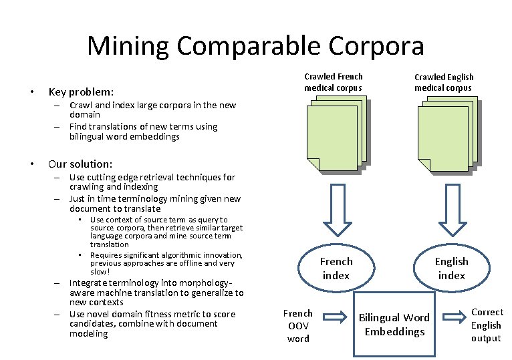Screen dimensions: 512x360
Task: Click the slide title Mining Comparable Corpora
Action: coord(255,46)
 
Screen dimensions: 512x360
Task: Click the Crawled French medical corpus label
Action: coord(333,82)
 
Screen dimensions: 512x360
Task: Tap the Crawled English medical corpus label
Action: coord(442,82)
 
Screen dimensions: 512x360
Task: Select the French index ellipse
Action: coord(336,268)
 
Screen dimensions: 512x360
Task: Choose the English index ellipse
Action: coord(451,268)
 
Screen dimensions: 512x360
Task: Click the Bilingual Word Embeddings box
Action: coord(394,324)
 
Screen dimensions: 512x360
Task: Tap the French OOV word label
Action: coord(297,325)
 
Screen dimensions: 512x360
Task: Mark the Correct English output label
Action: coord(487,325)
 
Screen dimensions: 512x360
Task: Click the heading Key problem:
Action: coord(81,92)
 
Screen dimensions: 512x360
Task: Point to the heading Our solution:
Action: coord(80,164)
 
